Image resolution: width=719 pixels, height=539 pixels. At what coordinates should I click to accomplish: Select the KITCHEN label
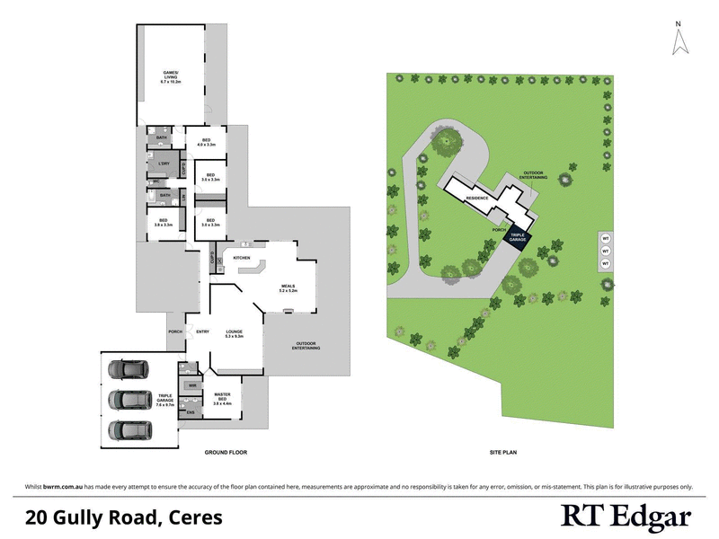click(242, 258)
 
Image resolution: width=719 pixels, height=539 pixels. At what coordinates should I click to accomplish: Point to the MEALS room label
click(288, 288)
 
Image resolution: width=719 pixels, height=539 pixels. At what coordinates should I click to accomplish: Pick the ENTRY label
click(202, 332)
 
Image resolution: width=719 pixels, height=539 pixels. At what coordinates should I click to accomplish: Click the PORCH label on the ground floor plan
click(175, 332)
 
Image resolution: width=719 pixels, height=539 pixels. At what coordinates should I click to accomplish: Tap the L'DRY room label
click(164, 163)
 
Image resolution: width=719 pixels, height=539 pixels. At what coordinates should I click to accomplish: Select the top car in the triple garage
click(124, 368)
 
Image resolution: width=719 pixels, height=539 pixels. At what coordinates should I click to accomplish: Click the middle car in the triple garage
click(124, 399)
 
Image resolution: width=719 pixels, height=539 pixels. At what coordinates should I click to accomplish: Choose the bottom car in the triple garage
click(124, 429)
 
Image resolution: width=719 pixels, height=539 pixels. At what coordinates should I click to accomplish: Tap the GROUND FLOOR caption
click(226, 452)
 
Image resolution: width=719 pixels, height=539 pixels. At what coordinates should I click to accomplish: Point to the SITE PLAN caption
click(502, 452)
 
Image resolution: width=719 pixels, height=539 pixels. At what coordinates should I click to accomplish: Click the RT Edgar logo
click(626, 517)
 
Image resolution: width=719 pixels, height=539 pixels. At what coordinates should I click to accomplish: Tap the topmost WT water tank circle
click(606, 239)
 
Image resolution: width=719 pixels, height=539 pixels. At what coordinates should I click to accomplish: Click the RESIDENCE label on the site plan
click(476, 197)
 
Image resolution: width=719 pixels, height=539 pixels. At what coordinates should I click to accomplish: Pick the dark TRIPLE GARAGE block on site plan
click(517, 238)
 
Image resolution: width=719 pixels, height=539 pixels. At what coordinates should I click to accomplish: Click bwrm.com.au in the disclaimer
click(66, 486)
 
